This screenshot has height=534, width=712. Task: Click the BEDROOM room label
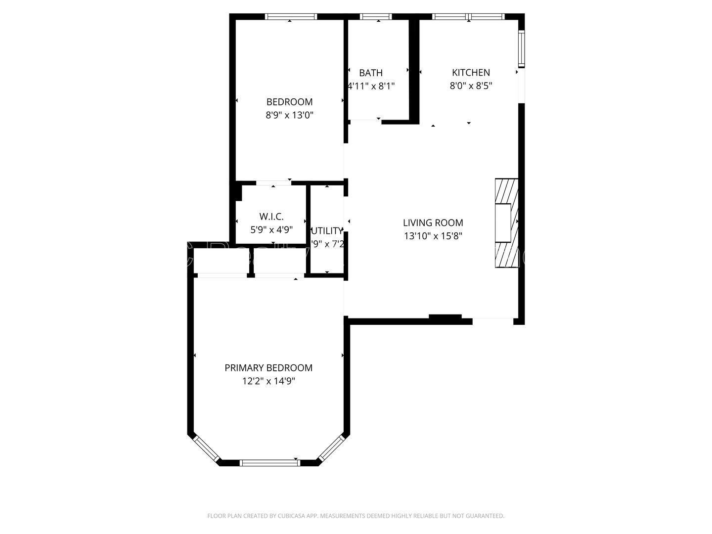pos(289,102)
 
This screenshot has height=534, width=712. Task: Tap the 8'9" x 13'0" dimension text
pos(289,115)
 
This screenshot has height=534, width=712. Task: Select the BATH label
pos(371,73)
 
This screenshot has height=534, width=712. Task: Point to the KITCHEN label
pos(471,73)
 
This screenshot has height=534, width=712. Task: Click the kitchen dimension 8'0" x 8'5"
pos(471,86)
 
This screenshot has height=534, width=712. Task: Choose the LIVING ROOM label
pos(433,223)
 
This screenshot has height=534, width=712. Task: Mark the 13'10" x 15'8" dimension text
pos(433,236)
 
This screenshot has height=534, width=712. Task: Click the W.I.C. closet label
pos(271,217)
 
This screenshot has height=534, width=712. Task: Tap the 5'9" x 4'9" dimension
pos(271,230)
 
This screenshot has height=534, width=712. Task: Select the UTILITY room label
pos(327,231)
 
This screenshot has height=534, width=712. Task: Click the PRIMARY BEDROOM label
pos(268,368)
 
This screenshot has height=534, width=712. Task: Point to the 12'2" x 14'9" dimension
pos(268,381)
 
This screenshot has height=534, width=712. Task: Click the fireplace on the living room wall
pos(506,223)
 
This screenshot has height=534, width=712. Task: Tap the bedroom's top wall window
pos(291,16)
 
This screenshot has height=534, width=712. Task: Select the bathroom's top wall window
pos(376,16)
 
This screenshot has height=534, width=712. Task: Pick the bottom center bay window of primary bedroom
pos(269,463)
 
